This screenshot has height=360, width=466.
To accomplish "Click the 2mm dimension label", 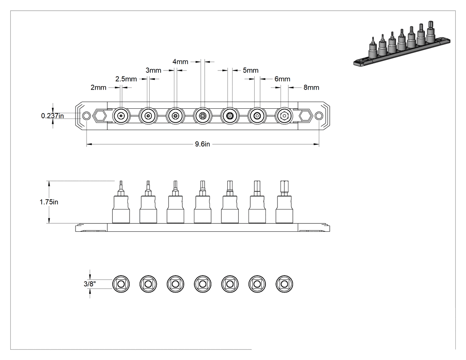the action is (x=99, y=87).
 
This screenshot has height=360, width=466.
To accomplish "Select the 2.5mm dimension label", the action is (x=126, y=79).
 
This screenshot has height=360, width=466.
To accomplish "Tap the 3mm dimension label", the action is (x=154, y=70).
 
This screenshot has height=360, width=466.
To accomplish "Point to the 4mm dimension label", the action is (x=180, y=62).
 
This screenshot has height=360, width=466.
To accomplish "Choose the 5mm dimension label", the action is (x=251, y=70).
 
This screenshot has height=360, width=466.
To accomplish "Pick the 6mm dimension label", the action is (x=282, y=79).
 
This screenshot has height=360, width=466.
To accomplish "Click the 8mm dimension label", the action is (x=311, y=87).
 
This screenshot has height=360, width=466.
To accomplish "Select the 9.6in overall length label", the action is (x=202, y=144).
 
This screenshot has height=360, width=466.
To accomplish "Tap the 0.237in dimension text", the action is (x=52, y=116).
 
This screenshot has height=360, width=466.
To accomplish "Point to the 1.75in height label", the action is (x=49, y=202).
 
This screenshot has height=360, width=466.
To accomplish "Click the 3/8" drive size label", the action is (x=90, y=284).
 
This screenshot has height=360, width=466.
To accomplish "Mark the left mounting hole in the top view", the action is (x=86, y=115).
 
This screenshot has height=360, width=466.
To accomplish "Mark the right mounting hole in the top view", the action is (x=319, y=115).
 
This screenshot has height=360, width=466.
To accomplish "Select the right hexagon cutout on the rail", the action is (x=305, y=115).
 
